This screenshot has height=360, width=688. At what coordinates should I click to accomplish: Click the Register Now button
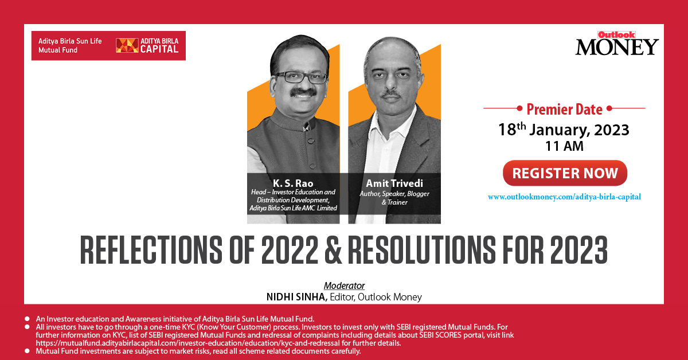point(565,173)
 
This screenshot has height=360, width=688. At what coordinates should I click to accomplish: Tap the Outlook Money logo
point(617,44)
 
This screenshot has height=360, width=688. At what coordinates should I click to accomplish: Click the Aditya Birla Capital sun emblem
point(127,45)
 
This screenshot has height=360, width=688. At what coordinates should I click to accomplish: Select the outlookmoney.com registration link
point(564,197)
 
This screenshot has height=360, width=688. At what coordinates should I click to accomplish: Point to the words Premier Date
point(565,109)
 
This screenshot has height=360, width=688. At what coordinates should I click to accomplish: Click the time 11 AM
point(564,146)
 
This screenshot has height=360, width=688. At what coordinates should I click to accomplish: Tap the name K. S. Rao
point(293,183)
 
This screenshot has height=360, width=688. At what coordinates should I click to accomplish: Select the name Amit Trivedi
point(394,183)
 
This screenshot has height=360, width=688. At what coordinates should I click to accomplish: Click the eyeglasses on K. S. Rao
point(302,77)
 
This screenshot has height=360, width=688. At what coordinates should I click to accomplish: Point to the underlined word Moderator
point(345,285)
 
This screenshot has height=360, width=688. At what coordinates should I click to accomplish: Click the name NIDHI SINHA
point(297,297)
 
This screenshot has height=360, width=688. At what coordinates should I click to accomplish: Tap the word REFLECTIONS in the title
point(151,249)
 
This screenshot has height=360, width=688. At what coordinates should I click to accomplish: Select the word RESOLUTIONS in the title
point(422,249)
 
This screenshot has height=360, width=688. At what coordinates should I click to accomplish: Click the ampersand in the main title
point(333,249)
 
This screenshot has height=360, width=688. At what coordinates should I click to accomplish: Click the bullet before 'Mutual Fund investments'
point(27,351)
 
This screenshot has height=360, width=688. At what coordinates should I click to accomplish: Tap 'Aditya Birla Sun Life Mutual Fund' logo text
point(70,45)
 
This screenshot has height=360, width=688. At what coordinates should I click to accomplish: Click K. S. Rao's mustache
point(303,92)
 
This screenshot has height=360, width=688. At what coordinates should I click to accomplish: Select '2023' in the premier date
point(612,130)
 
